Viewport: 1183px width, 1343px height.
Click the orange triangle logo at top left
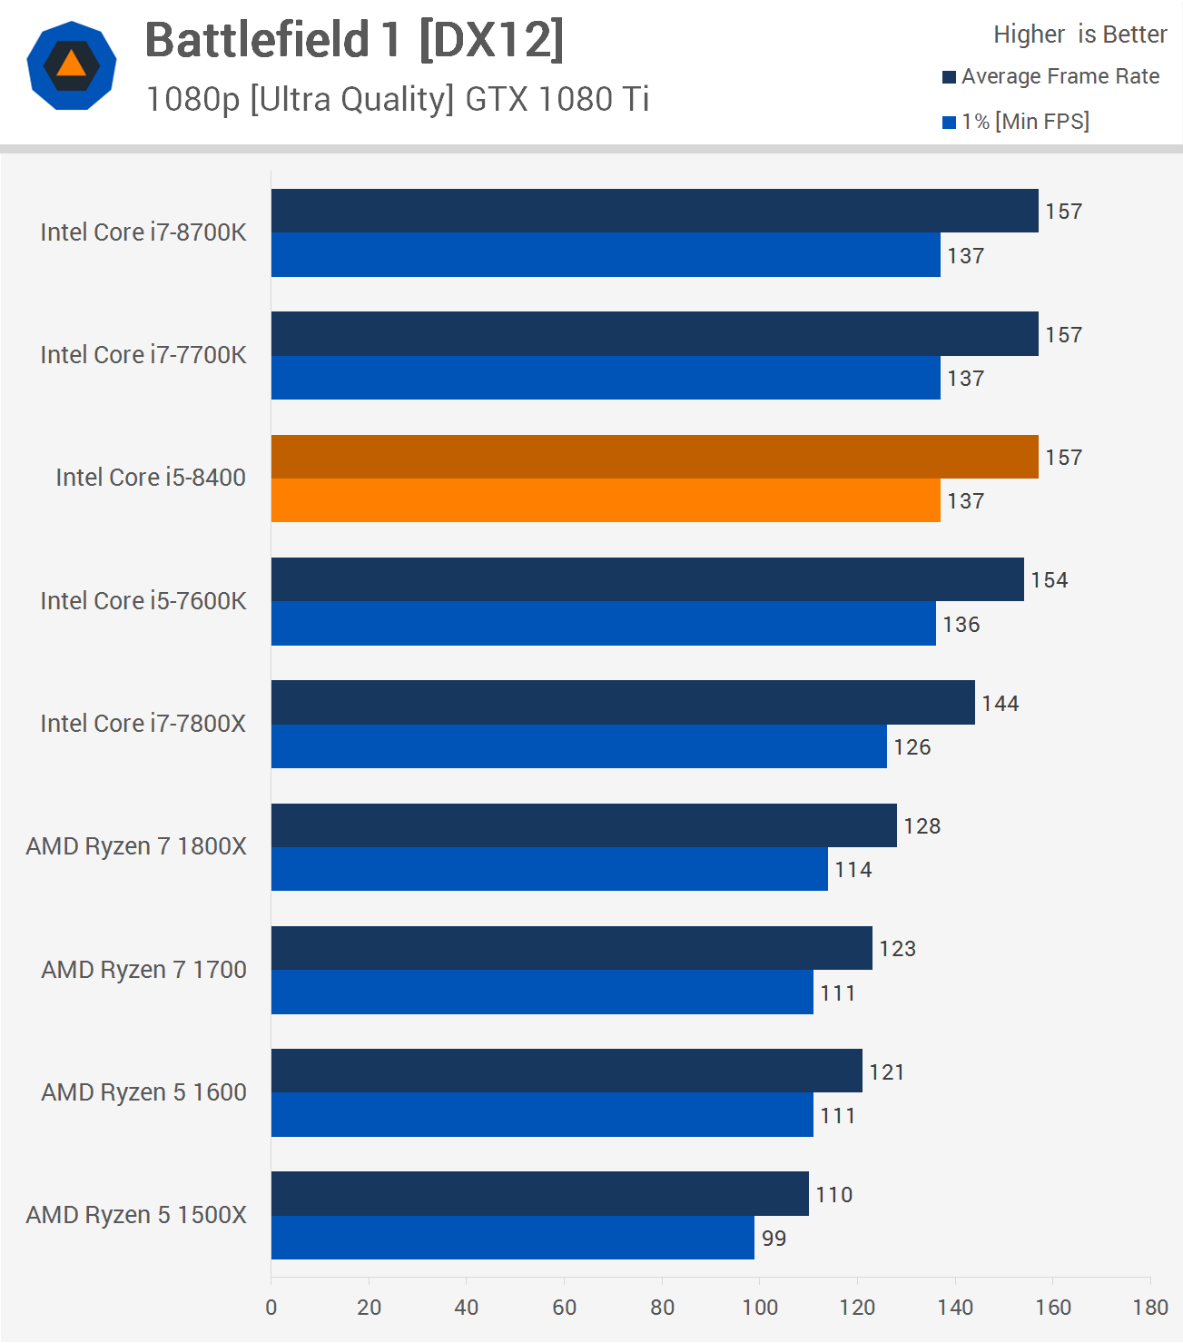click(72, 65)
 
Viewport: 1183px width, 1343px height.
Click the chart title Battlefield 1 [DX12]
click(354, 41)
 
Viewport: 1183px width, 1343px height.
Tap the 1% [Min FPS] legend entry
click(1016, 122)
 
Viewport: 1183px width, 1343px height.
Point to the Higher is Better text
click(1079, 35)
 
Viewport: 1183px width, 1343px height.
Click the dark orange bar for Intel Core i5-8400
click(654, 457)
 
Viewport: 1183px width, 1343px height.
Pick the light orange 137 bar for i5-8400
click(606, 500)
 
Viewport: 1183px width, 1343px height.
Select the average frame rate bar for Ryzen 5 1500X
click(539, 1193)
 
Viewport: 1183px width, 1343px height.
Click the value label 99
click(774, 1239)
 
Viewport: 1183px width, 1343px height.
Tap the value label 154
click(1049, 580)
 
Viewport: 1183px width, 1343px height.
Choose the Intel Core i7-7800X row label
click(143, 724)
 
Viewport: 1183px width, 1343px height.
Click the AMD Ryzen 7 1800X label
click(136, 846)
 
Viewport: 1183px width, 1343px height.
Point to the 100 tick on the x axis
click(760, 1308)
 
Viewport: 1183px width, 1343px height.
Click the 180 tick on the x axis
click(1150, 1308)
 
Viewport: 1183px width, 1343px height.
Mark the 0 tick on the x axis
click(271, 1308)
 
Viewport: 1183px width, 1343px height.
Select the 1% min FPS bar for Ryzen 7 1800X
click(549, 869)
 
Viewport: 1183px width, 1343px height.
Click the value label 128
click(922, 826)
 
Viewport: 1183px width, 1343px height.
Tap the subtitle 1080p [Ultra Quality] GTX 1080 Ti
click(398, 99)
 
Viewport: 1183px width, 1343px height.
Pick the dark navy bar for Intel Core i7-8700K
click(654, 211)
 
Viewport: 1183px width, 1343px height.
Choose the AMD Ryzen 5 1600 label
click(143, 1092)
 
